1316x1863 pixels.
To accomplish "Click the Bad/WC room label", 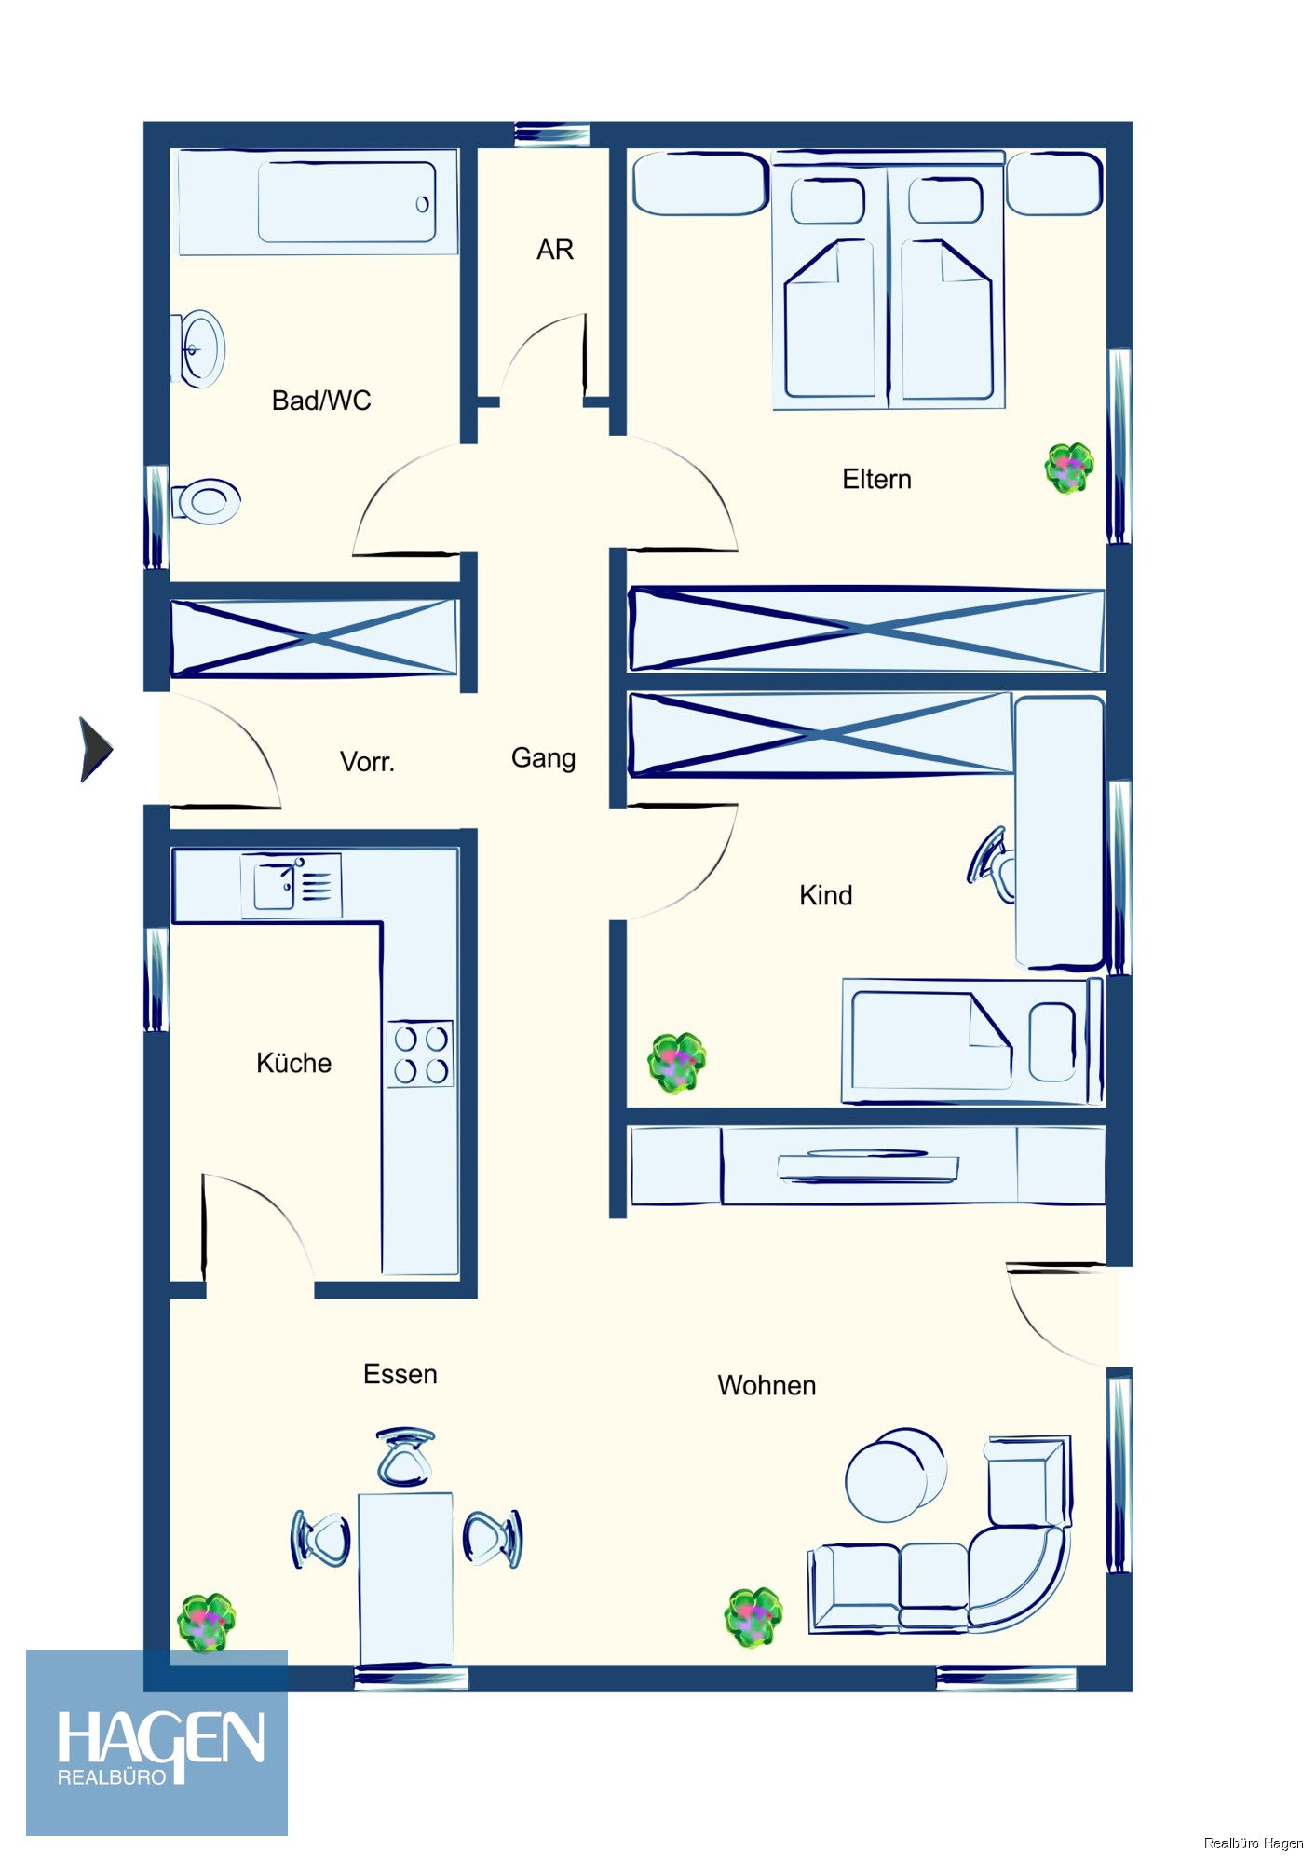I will click(x=320, y=401).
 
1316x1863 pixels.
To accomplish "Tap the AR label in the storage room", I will click(x=555, y=250).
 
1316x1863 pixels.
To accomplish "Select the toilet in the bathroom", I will click(x=207, y=502).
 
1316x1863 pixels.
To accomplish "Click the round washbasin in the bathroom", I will click(x=199, y=349).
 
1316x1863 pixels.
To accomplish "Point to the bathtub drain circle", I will click(x=422, y=204).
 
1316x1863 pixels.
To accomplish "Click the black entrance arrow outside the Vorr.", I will click(x=95, y=749).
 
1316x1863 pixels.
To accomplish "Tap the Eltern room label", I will click(x=876, y=479).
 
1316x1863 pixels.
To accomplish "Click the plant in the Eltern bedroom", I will click(x=1069, y=468).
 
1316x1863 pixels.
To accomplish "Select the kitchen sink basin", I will click(x=275, y=886).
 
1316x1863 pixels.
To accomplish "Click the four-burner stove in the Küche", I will click(x=421, y=1054).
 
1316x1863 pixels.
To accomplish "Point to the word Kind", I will click(x=825, y=895).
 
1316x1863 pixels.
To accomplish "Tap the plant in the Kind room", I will click(x=677, y=1062).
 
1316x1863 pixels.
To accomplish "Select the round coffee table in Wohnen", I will click(x=894, y=1476).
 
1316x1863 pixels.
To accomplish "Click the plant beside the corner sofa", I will click(x=753, y=1617).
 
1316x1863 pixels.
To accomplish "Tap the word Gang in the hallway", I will click(x=543, y=758).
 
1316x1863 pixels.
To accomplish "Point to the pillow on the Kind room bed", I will click(x=1052, y=1041).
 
